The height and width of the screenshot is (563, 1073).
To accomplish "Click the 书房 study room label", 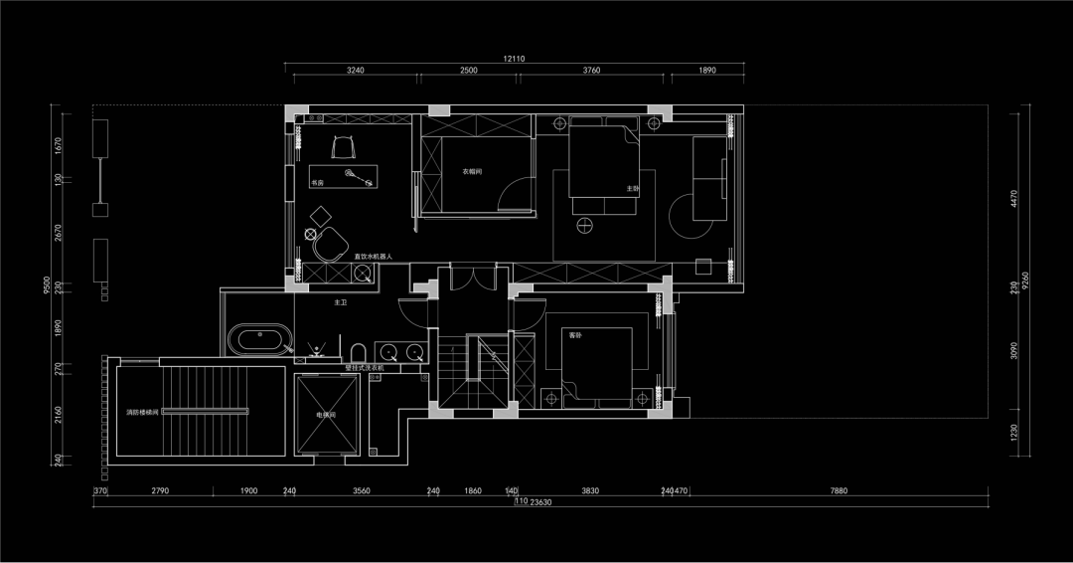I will [x=317, y=183].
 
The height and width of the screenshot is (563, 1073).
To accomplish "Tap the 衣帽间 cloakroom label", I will [x=472, y=171].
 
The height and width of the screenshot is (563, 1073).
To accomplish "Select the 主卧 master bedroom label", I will [x=632, y=188].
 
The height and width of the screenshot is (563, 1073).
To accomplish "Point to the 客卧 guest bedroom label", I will [x=574, y=335].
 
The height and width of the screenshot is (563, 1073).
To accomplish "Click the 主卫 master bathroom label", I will [x=341, y=301].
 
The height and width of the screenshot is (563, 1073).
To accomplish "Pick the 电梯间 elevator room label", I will [x=327, y=414].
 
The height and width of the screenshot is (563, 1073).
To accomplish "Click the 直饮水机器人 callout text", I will [x=374, y=257].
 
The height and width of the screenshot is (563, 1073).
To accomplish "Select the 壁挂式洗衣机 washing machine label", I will [x=364, y=368].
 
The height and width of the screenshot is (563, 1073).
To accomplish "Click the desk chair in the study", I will [x=344, y=146].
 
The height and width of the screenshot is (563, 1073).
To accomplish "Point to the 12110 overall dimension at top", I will [x=514, y=59].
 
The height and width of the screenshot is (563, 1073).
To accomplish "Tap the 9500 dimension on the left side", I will [x=47, y=285].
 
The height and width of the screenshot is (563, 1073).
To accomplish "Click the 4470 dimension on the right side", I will [x=1014, y=199].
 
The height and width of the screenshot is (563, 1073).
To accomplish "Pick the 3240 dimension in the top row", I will [x=355, y=71].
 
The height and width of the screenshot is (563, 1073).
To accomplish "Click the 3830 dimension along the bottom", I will [x=589, y=490].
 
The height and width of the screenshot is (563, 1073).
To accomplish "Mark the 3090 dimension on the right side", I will [x=1014, y=351].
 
